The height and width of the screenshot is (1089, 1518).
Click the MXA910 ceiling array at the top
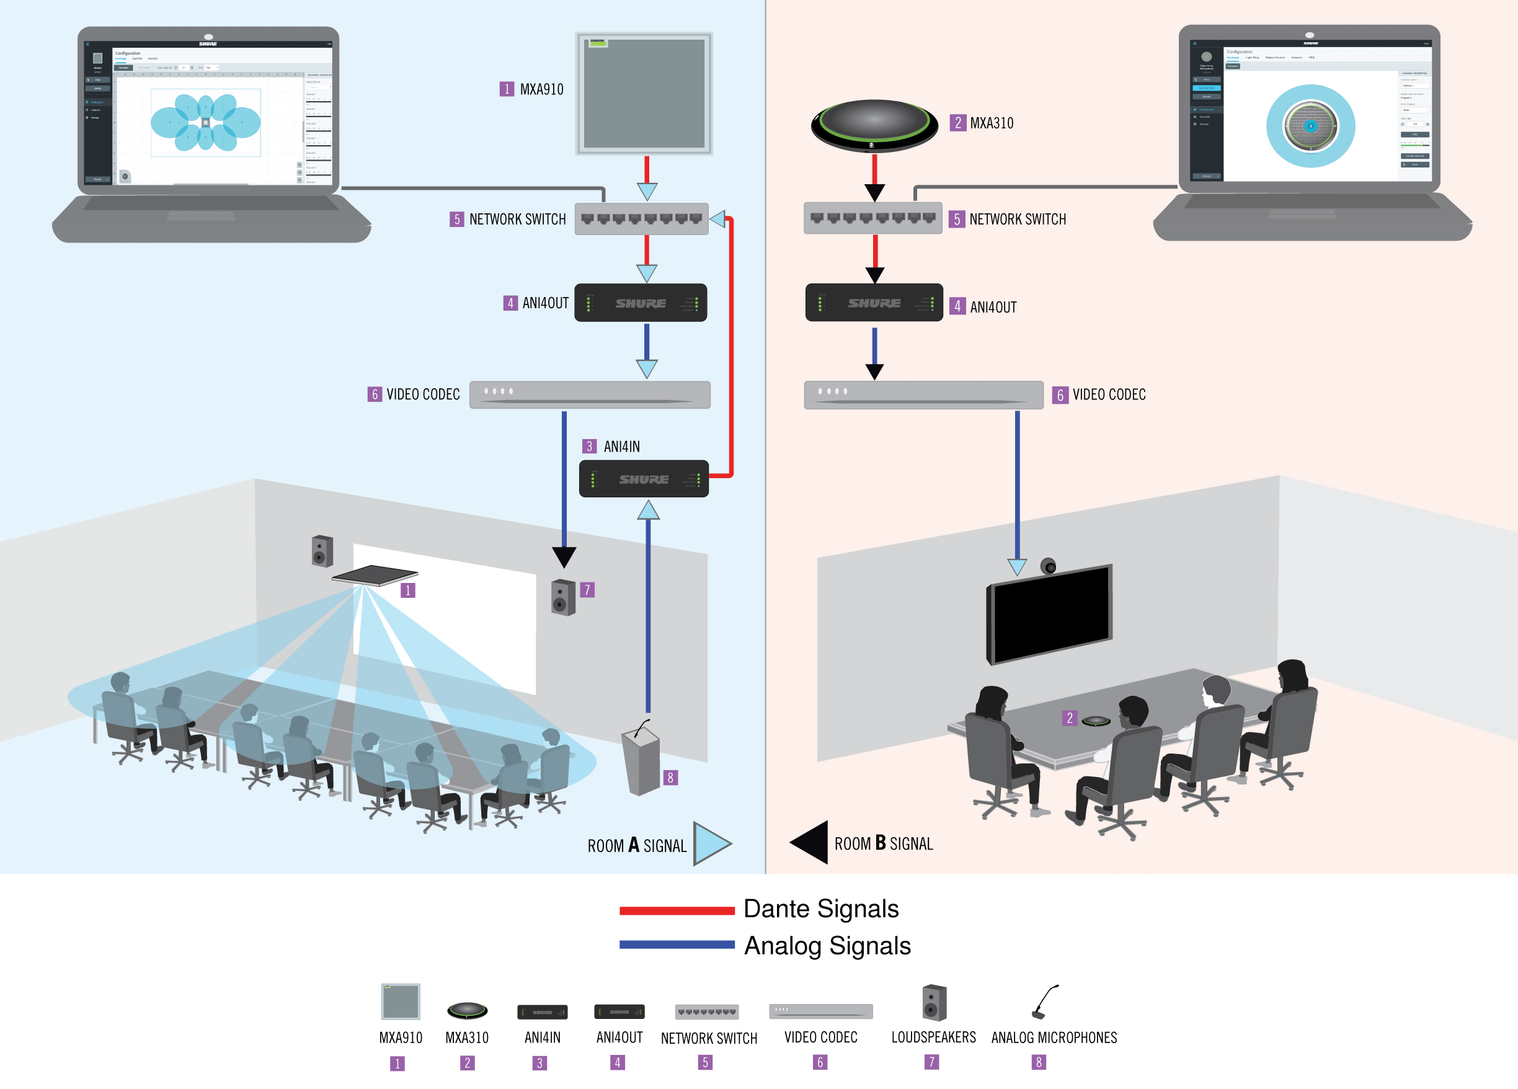click(x=644, y=93)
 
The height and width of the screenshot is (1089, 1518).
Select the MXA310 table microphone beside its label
click(x=874, y=125)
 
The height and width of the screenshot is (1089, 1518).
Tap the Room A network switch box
click(x=641, y=219)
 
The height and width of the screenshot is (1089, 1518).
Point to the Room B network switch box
click(x=872, y=218)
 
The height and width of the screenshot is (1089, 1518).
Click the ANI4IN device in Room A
click(x=643, y=479)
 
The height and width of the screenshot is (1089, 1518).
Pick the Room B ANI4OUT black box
click(x=874, y=303)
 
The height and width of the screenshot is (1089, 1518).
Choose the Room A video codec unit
click(x=589, y=394)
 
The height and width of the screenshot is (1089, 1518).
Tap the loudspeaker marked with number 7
click(x=563, y=597)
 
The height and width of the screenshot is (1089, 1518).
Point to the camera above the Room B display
click(x=1048, y=566)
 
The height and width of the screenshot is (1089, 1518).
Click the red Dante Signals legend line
click(x=677, y=910)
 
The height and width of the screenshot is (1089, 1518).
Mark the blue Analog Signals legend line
click(x=677, y=945)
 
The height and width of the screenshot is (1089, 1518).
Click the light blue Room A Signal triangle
click(x=711, y=843)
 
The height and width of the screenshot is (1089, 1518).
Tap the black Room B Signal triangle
click(x=811, y=842)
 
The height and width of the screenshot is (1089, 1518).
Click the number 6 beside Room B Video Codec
click(x=1060, y=395)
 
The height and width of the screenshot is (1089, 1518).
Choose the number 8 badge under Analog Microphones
click(x=1038, y=1062)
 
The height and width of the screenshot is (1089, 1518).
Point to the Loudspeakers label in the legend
click(x=933, y=1037)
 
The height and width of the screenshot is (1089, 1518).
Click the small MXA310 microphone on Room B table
click(x=1096, y=721)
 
